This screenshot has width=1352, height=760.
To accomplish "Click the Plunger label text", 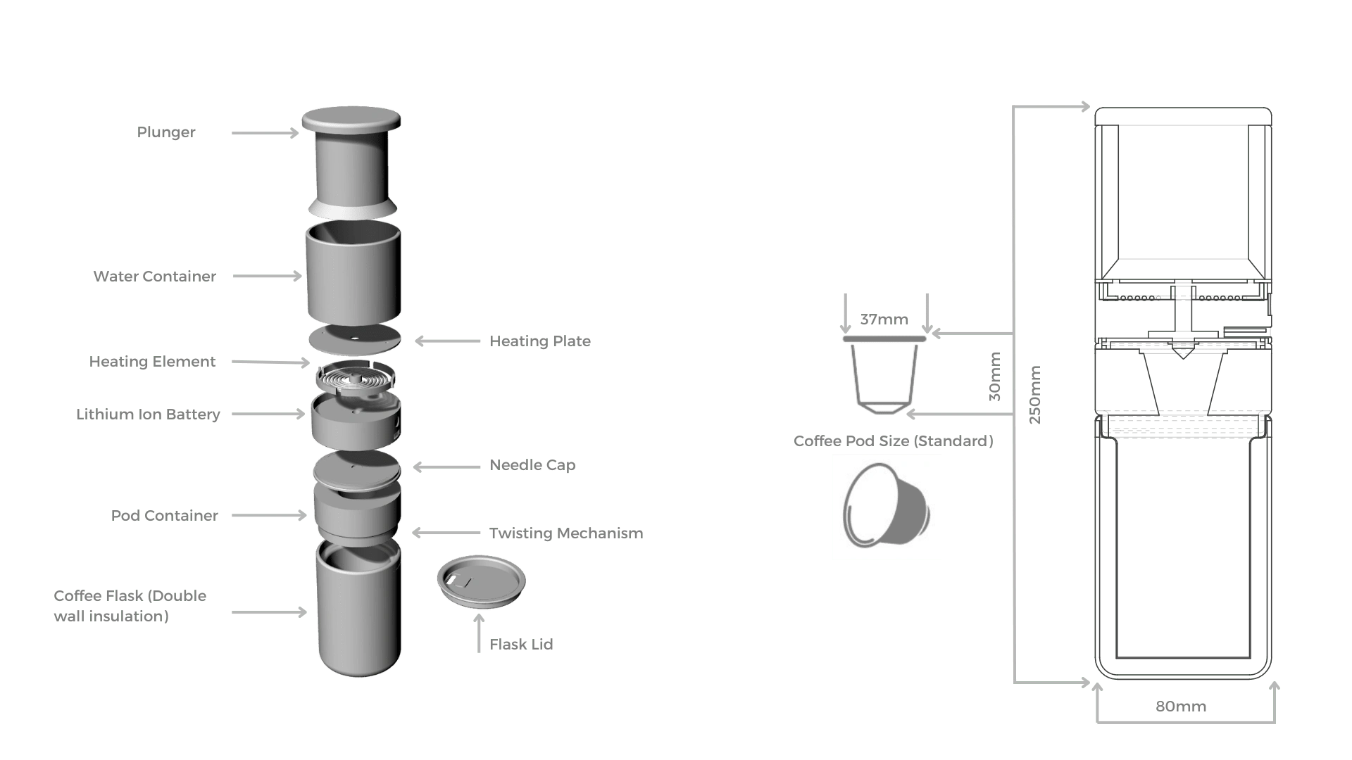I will (x=166, y=132).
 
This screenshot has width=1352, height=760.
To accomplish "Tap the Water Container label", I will (x=153, y=276).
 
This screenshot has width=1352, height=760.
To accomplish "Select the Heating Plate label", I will (x=540, y=342).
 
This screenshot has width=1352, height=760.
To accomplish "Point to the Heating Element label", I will (x=154, y=362).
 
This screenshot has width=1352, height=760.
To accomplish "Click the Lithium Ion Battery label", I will (x=147, y=415).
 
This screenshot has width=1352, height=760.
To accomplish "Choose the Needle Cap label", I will (x=534, y=466).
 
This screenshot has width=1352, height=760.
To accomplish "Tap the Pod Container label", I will (x=163, y=516).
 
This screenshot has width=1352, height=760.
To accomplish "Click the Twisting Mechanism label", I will (x=568, y=533).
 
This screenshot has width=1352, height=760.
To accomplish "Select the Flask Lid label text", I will (x=523, y=644).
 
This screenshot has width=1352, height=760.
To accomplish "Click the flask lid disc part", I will (x=481, y=581).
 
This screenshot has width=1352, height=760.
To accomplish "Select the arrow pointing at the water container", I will (x=266, y=277).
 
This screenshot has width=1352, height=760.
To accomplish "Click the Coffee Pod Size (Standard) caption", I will (x=895, y=441).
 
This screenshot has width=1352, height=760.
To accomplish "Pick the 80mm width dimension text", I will (x=1182, y=706).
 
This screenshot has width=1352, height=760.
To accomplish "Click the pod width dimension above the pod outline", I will (x=884, y=319).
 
